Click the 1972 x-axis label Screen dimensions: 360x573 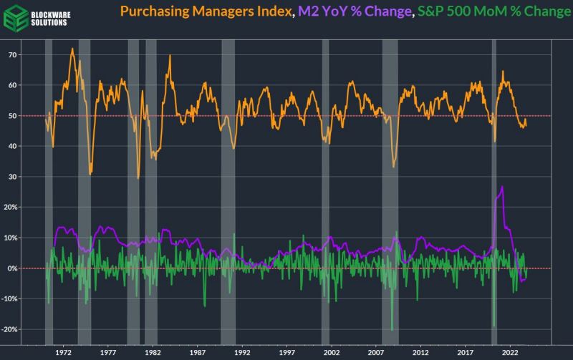tap(63, 352)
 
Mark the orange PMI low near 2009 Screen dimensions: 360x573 tap(393, 166)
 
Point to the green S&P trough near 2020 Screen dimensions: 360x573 tap(494, 326)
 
